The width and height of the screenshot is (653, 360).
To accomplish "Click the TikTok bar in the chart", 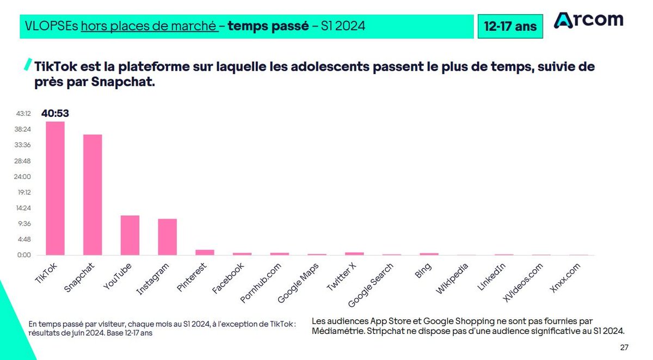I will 55,188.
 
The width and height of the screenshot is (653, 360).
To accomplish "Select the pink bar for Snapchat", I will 93,195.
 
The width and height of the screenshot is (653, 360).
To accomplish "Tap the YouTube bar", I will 130,235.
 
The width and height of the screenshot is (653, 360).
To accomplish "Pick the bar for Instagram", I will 167,237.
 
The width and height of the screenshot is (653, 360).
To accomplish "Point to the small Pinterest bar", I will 205,252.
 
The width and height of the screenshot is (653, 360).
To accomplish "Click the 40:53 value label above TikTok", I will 55,114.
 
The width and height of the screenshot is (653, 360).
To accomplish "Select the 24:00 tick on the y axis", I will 23,177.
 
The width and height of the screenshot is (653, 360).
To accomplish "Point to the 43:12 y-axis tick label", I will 23,114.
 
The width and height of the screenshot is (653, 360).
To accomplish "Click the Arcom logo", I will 588,20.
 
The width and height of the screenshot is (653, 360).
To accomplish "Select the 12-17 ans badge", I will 510,27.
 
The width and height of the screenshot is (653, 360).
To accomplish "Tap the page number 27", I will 624,347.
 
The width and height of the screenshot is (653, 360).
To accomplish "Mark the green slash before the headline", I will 28,65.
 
